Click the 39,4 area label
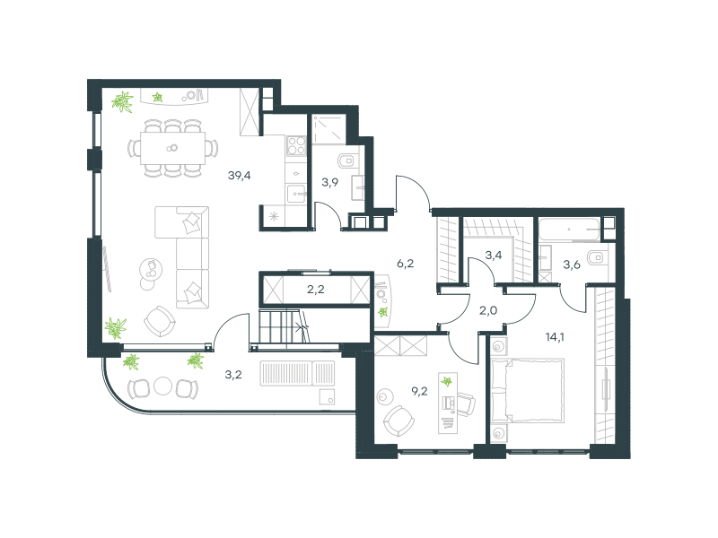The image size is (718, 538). coord(239,175)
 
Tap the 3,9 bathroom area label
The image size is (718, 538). coord(329,183)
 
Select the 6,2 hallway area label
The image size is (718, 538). coord(406,263)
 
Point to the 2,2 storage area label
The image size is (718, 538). coord(316,289)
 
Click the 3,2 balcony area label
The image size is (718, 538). coord(233,375)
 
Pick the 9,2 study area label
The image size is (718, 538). coord(419,391)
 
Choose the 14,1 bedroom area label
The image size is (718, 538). coord(555,337)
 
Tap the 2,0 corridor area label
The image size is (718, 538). coord(488,310)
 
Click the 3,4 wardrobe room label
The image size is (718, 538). coord(493,255)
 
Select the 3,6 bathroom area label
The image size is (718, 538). coord(572,265)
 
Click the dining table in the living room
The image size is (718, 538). coord(172,148)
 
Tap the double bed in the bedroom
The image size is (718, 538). coord(527,390)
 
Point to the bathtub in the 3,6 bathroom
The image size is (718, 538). coord(569,230)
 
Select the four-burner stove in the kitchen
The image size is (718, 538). coord(296,146)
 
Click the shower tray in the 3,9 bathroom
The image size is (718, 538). coord(328,129)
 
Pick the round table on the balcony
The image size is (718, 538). coord(162,386)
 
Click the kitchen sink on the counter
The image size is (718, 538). coord(296,194)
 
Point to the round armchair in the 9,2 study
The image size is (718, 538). coord(398,421)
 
